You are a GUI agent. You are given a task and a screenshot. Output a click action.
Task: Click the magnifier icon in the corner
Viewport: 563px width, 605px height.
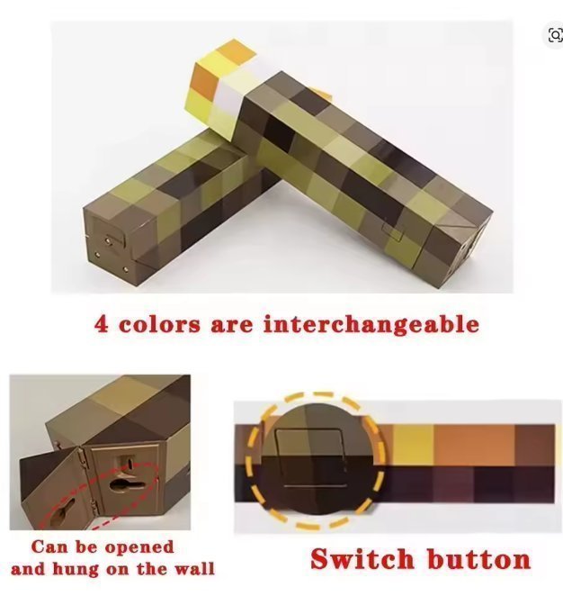click(x=555, y=35)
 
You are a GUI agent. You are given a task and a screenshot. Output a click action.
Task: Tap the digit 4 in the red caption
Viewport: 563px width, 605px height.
click(x=101, y=324)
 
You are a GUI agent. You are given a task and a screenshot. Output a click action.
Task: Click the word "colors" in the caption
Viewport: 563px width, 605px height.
click(x=159, y=324)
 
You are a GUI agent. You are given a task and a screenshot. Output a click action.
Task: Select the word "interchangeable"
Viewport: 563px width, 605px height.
click(x=371, y=324)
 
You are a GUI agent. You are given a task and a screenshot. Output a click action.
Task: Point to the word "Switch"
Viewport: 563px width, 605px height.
click(x=362, y=559)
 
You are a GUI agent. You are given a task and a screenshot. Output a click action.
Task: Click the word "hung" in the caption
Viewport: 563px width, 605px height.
click(x=76, y=570)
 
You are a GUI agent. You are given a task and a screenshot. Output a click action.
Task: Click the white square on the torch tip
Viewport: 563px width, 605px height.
click(x=229, y=95)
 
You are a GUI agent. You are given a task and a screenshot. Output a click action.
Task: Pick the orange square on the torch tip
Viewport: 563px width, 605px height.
click(x=204, y=80)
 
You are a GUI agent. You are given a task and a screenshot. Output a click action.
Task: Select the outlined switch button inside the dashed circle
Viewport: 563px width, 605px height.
click(x=311, y=458)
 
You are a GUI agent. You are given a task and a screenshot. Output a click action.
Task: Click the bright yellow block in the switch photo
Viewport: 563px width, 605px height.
click(x=412, y=445)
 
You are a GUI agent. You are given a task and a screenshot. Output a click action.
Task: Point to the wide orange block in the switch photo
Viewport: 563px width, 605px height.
click(x=474, y=445)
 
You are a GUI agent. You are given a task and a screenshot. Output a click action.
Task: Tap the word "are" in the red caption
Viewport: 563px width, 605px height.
click(x=232, y=325)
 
